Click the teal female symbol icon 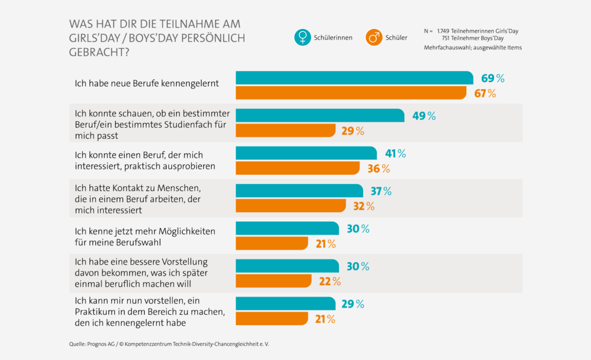(x=302, y=37)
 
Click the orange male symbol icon (x=374, y=37)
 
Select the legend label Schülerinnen (x=333, y=37)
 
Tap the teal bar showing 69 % (x=354, y=78)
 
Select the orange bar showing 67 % (x=350, y=93)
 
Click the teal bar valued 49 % (x=320, y=115)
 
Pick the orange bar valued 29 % (x=285, y=130)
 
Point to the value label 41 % (x=393, y=153)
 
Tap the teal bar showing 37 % (x=299, y=191)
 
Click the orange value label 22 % (x=329, y=281)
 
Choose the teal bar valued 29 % (x=285, y=304)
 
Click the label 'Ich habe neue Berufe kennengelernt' (x=147, y=83)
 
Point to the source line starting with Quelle (x=169, y=344)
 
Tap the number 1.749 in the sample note (x=447, y=30)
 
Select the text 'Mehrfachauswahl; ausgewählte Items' (x=473, y=47)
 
